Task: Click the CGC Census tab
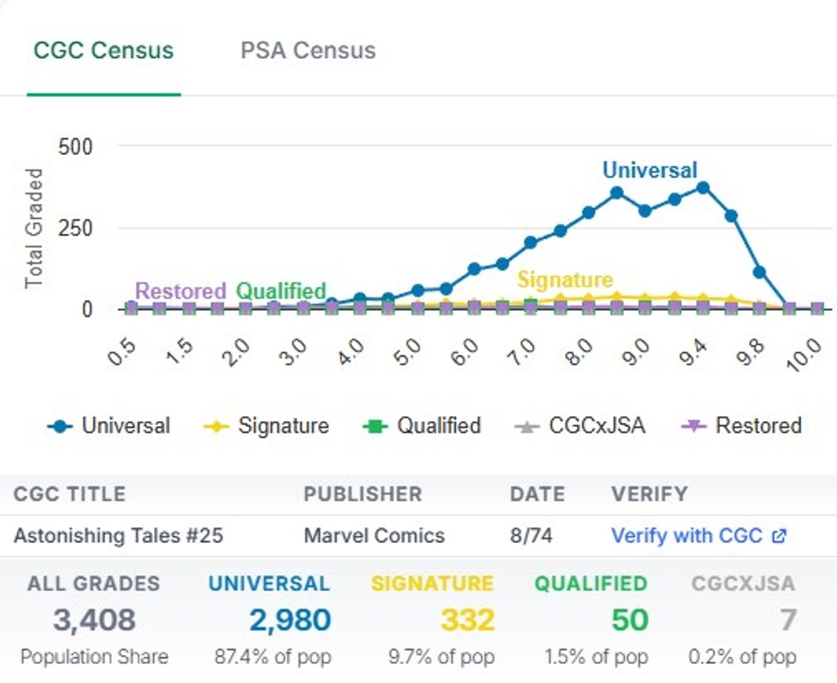103,50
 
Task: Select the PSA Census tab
308,50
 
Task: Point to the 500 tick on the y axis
75,147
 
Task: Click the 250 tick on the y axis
75,228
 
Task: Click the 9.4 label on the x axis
693,353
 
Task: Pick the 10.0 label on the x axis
804,355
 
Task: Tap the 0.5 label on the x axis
122,353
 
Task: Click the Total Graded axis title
33,228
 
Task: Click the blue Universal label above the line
649,170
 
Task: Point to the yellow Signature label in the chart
565,280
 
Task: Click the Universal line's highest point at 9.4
703,188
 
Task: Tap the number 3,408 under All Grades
94,620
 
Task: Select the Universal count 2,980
290,620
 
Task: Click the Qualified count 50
630,620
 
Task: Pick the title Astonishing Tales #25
118,536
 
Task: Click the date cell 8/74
531,536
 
